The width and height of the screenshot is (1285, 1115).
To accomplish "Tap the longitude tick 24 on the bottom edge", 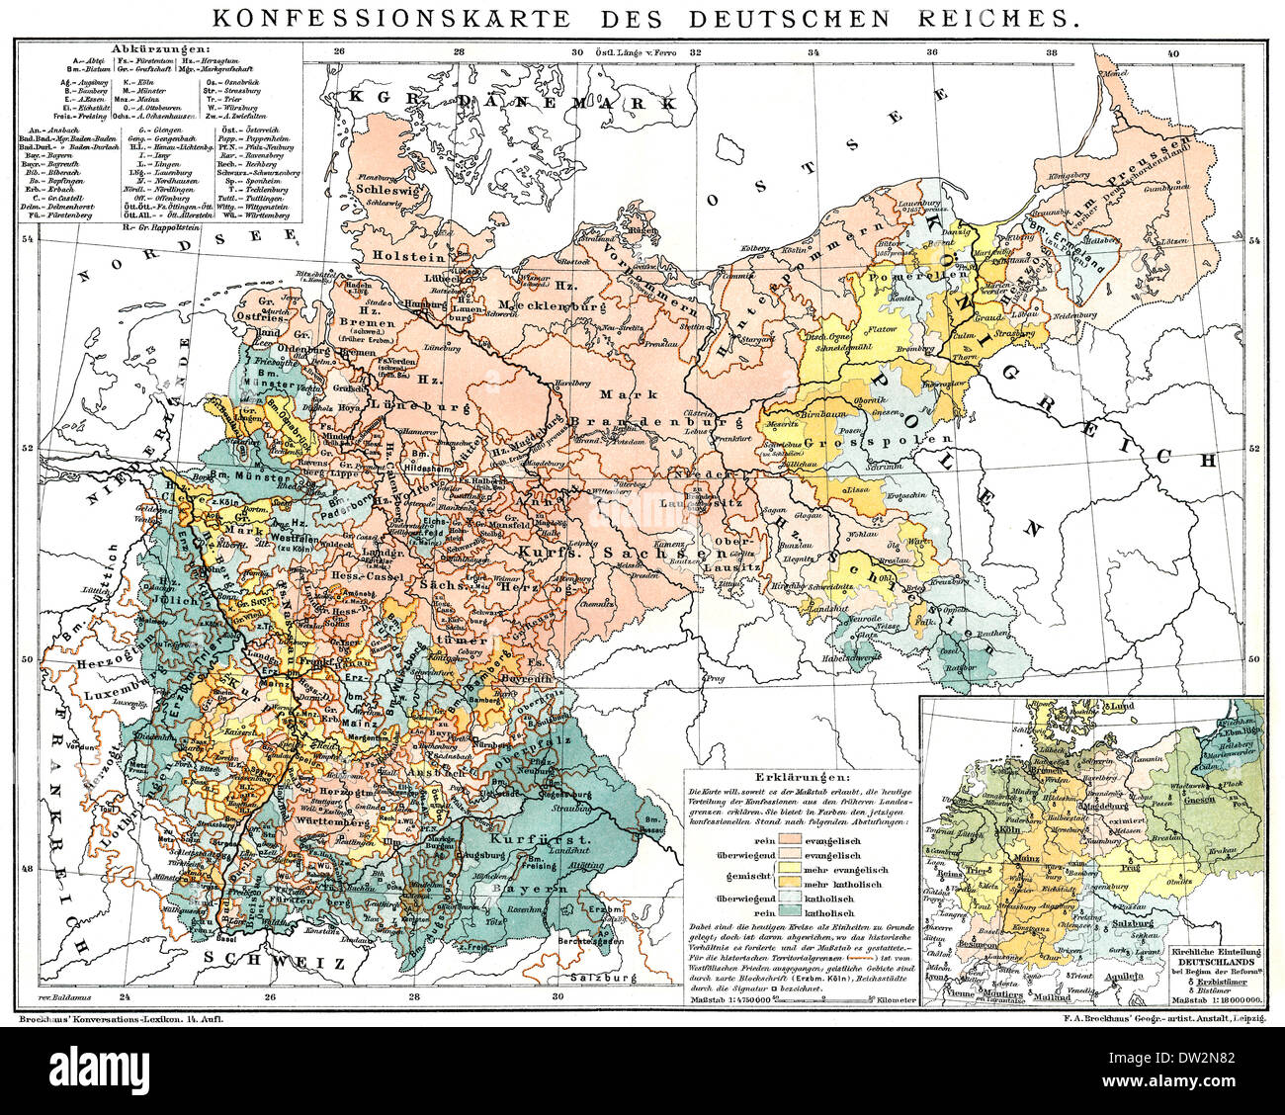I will (123, 997).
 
